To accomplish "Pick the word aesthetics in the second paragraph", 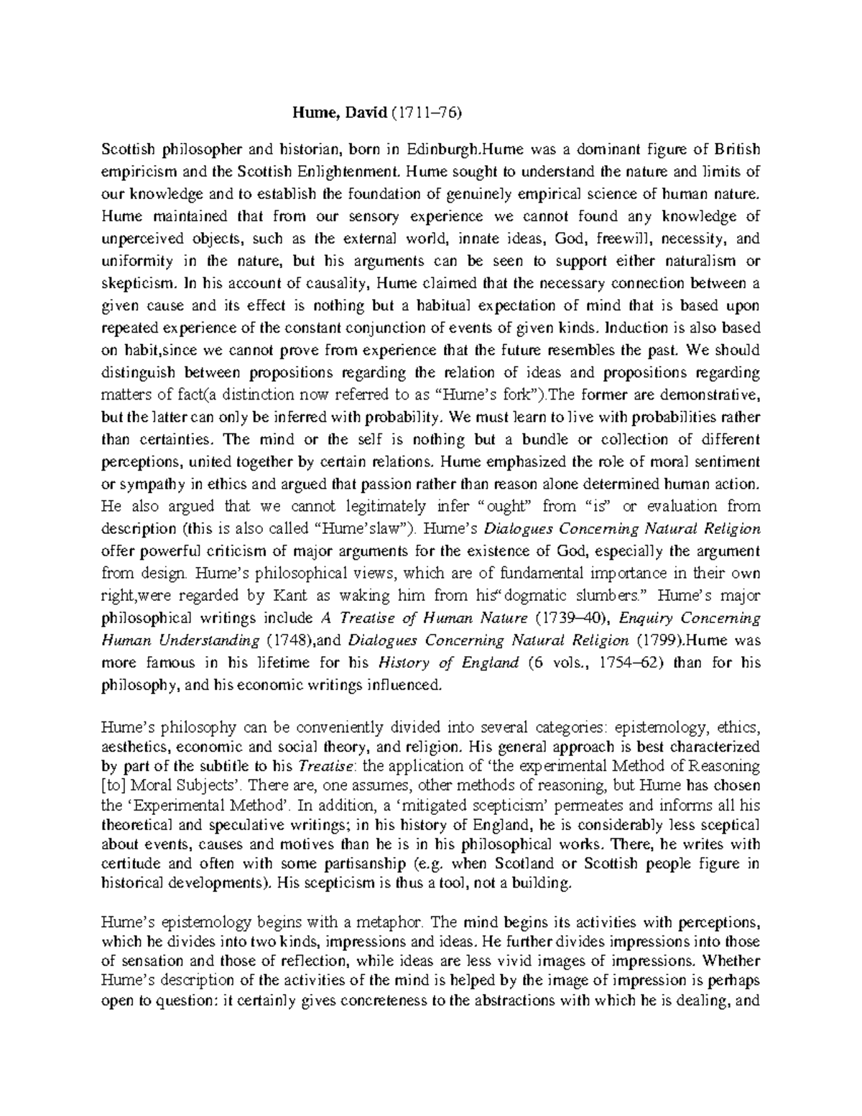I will (134, 747).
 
